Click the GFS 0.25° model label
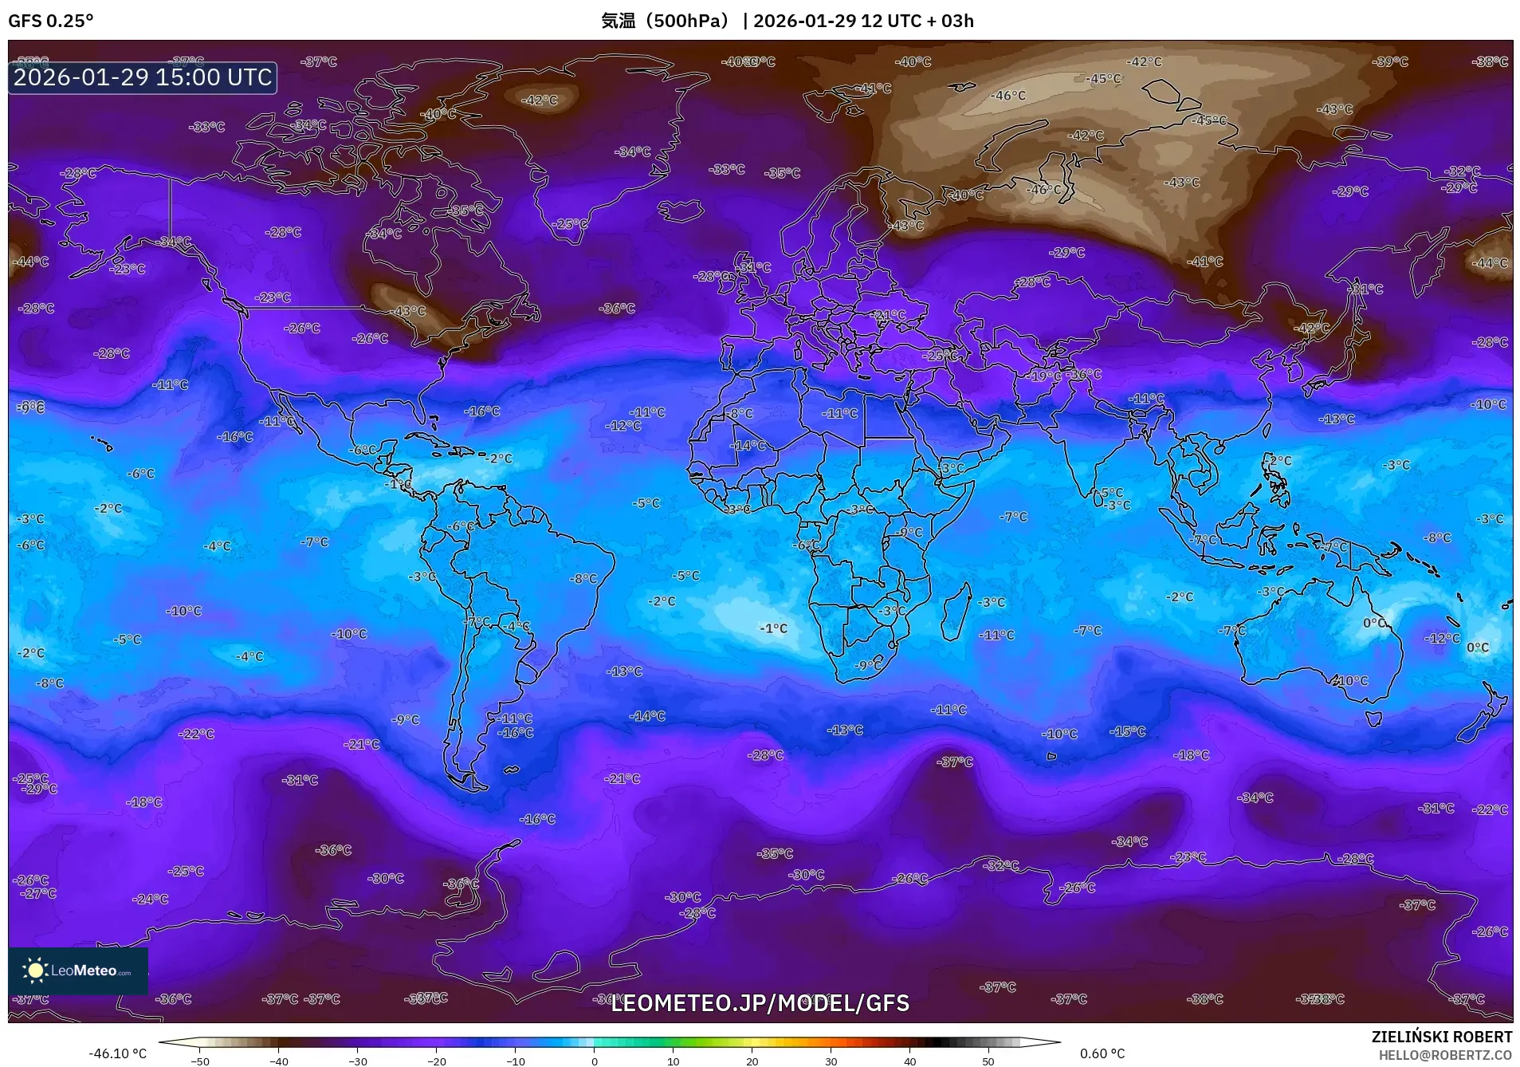click(50, 21)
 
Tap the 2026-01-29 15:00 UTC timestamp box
click(143, 77)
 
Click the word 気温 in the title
click(618, 21)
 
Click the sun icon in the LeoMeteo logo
click(35, 970)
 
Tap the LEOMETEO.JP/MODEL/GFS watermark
click(760, 1002)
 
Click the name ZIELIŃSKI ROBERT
click(1441, 1037)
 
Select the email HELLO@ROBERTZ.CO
click(1445, 1055)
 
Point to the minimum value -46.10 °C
click(117, 1053)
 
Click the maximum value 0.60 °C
click(1102, 1053)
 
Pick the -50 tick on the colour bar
click(200, 1061)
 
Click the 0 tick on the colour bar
click(595, 1061)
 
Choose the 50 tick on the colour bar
click(988, 1061)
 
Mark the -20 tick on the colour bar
click(437, 1061)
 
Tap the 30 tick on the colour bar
click(831, 1061)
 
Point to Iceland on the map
click(680, 211)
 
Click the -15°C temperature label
click(1128, 731)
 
